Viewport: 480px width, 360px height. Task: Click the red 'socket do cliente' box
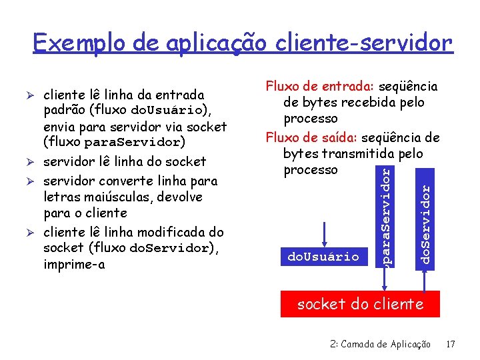click(x=360, y=304)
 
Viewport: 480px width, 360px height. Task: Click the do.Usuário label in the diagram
click(x=323, y=256)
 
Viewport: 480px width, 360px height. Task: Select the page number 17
click(x=451, y=345)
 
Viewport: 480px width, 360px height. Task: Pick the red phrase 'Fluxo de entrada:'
click(x=320, y=87)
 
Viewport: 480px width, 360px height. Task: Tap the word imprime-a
click(x=74, y=265)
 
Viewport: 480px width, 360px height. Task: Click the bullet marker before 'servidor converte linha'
click(x=35, y=181)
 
